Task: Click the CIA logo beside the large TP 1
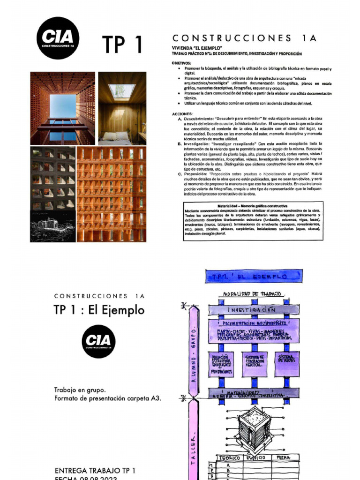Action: click(58, 38)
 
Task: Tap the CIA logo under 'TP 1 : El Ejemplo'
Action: click(98, 341)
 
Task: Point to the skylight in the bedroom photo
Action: click(122, 90)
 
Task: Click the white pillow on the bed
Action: click(110, 135)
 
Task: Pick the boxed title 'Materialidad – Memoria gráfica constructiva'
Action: click(251, 206)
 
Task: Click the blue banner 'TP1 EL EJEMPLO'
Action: click(252, 277)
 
